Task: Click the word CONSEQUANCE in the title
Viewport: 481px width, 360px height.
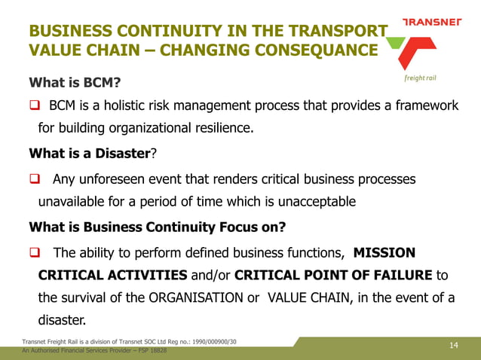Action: [317, 51]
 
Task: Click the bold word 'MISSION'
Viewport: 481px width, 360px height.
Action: [384, 252]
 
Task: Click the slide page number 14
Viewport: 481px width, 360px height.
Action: [453, 346]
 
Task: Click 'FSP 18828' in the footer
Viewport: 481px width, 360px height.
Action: [151, 351]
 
